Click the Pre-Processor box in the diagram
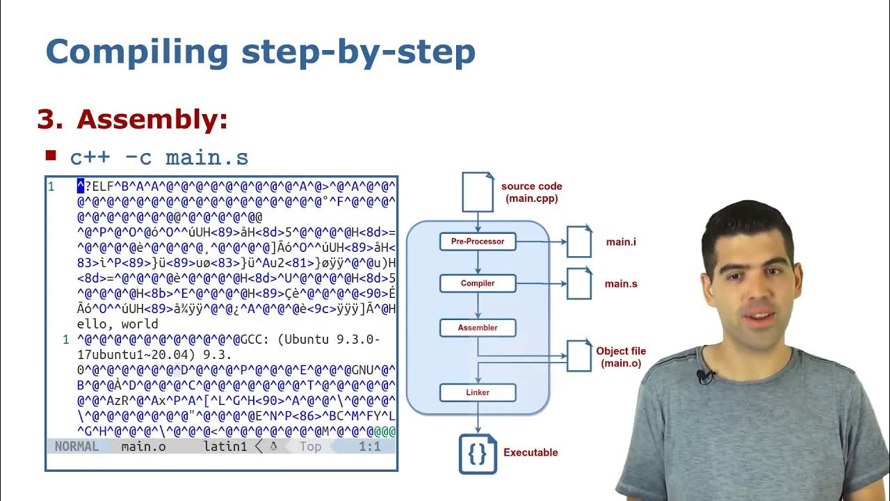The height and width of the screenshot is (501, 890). [478, 241]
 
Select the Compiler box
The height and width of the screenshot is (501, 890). [478, 283]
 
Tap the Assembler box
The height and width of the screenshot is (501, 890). [478, 327]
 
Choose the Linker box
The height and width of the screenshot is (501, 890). [478, 392]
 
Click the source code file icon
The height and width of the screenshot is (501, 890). [478, 191]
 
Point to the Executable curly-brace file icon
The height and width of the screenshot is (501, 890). [478, 454]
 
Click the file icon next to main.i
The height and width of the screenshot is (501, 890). [579, 241]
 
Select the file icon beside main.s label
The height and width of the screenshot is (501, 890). [579, 283]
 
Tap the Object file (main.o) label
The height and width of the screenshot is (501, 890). [621, 357]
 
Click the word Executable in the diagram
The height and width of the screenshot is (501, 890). [531, 452]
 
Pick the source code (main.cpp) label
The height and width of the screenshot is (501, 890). [531, 192]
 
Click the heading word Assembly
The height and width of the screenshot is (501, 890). [152, 120]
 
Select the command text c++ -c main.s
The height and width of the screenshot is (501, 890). [159, 157]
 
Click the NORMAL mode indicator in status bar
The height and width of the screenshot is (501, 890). [76, 447]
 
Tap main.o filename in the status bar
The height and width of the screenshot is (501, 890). [143, 447]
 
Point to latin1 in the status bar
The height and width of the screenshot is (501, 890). [225, 447]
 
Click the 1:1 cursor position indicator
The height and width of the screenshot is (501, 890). [369, 447]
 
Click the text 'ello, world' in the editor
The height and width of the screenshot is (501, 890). [118, 324]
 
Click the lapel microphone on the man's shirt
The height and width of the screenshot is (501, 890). [705, 376]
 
